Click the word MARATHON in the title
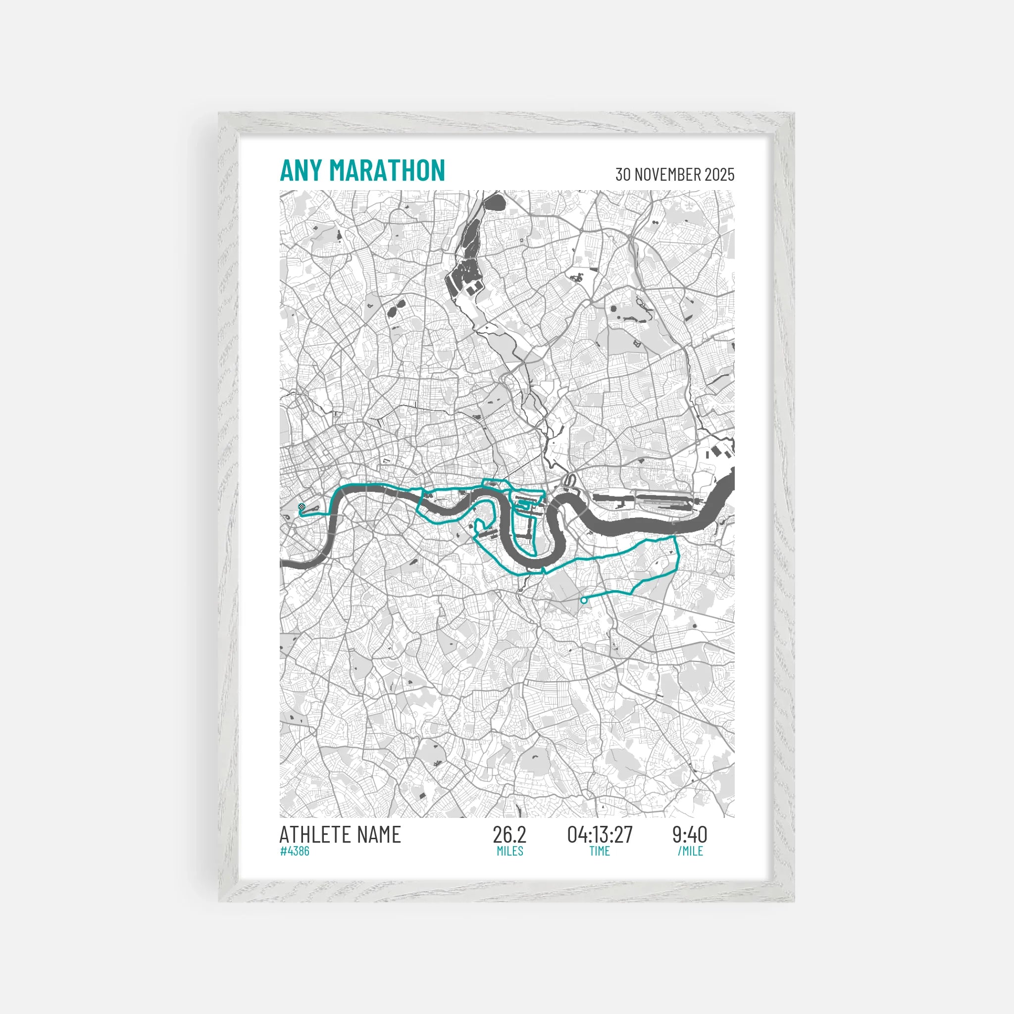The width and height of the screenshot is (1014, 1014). [387, 171]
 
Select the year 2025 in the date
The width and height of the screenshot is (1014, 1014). [719, 174]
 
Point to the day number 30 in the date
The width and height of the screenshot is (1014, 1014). [623, 174]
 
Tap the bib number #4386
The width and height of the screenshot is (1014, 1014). [295, 851]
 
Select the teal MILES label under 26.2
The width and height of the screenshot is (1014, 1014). [509, 851]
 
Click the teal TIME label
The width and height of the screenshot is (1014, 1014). [600, 851]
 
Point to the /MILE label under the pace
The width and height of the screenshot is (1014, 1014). [690, 851]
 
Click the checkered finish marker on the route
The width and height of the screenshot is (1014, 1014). [301, 507]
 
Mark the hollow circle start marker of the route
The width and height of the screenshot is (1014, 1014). [584, 601]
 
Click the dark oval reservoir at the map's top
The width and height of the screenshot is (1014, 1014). [494, 201]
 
